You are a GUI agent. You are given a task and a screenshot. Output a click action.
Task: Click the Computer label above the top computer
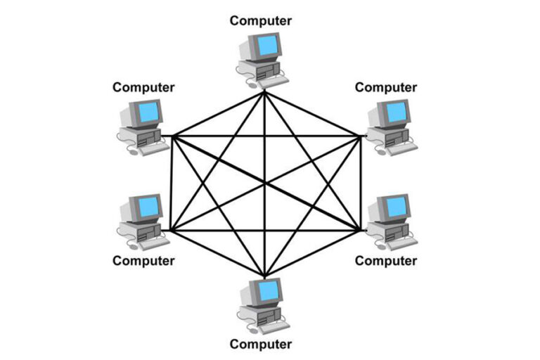point(261,20)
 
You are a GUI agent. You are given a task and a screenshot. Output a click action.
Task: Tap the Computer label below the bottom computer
point(261,344)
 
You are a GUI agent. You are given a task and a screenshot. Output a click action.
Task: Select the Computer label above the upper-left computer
point(143,87)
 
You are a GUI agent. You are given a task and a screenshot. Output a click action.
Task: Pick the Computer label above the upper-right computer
point(385,87)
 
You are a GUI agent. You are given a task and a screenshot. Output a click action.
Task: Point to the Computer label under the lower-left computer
point(143,261)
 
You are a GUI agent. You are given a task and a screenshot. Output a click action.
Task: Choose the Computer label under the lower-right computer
point(385,261)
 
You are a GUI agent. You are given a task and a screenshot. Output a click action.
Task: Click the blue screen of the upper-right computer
point(397,111)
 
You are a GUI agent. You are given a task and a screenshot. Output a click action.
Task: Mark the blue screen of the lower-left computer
point(148,206)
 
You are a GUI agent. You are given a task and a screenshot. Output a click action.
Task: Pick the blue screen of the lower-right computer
point(397,206)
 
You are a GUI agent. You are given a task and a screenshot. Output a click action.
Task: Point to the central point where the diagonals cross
point(264,183)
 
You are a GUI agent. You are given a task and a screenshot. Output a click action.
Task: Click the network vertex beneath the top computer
point(264,91)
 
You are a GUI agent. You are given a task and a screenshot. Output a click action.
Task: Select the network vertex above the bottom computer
point(264,276)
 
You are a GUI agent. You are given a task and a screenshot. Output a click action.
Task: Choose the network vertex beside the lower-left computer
point(171,230)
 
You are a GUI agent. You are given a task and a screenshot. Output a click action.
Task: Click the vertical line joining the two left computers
point(172,183)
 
